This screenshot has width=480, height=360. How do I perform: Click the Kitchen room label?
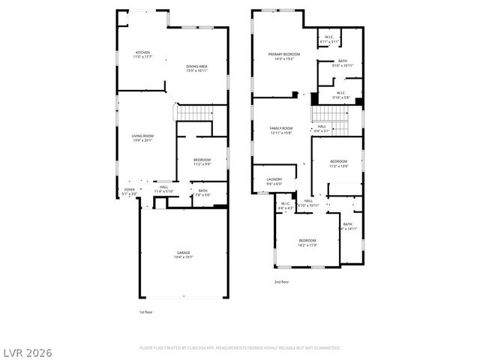pos(142,54)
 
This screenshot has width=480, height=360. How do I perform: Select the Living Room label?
pos(142,137)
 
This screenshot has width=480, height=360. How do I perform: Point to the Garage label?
pos(183,254)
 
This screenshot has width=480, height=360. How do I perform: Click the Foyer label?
pos(129,192)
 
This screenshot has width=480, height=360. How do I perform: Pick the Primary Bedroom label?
pos(284,56)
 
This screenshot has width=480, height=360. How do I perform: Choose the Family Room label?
pos(281,130)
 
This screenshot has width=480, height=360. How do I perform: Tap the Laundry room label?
pos(274,181)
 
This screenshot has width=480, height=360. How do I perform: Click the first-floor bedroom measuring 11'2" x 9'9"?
pos(202,161)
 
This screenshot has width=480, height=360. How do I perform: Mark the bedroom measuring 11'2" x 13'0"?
pos(339,163)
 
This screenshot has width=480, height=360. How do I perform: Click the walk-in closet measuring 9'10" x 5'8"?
pos(340,95)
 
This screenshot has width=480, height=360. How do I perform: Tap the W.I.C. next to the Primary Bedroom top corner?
pos(329,39)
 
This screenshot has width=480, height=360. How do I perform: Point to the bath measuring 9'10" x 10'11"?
pos(342,63)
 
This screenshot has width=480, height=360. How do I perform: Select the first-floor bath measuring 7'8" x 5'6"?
pos(202,192)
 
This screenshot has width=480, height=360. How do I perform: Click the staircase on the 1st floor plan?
pos(193,112)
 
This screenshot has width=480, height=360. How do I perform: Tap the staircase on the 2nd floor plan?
pos(330,114)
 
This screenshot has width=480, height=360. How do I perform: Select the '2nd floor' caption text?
pos(281,282)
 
